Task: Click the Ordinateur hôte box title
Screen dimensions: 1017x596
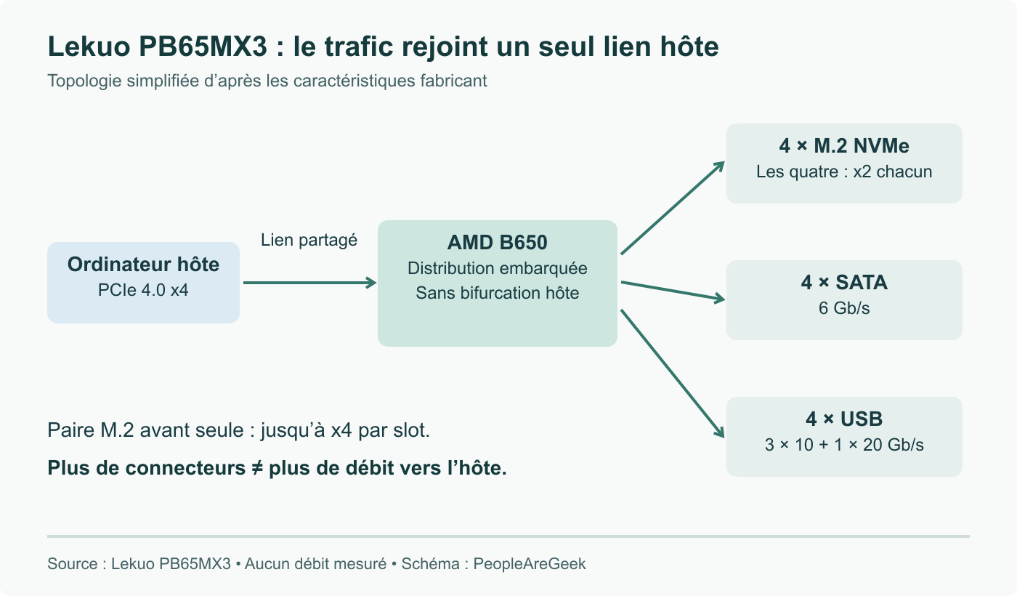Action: [143, 264]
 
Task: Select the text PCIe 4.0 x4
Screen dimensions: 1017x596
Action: [143, 290]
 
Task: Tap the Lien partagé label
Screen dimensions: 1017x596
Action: [309, 240]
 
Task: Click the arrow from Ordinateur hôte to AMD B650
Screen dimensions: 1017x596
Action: [309, 283]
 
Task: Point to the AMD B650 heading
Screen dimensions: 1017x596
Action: [497, 242]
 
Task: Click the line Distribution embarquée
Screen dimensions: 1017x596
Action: [497, 268]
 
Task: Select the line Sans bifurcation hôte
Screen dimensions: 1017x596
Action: [497, 293]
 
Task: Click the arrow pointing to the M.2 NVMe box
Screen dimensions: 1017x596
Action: [673, 208]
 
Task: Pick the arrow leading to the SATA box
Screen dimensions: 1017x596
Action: [673, 291]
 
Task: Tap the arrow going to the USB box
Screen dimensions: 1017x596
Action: [673, 374]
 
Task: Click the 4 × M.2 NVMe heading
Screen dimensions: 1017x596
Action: [844, 146]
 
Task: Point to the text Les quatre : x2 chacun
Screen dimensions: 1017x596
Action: [844, 172]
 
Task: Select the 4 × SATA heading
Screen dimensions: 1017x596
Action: [844, 282]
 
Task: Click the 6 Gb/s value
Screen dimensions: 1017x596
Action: [844, 308]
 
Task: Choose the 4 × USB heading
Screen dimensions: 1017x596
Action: [844, 419]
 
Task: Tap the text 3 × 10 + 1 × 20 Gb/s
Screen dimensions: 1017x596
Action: [844, 445]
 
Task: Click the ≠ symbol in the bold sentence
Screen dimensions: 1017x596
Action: [257, 468]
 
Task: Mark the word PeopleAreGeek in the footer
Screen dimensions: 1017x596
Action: [530, 564]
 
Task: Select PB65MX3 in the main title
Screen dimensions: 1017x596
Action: [203, 47]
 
